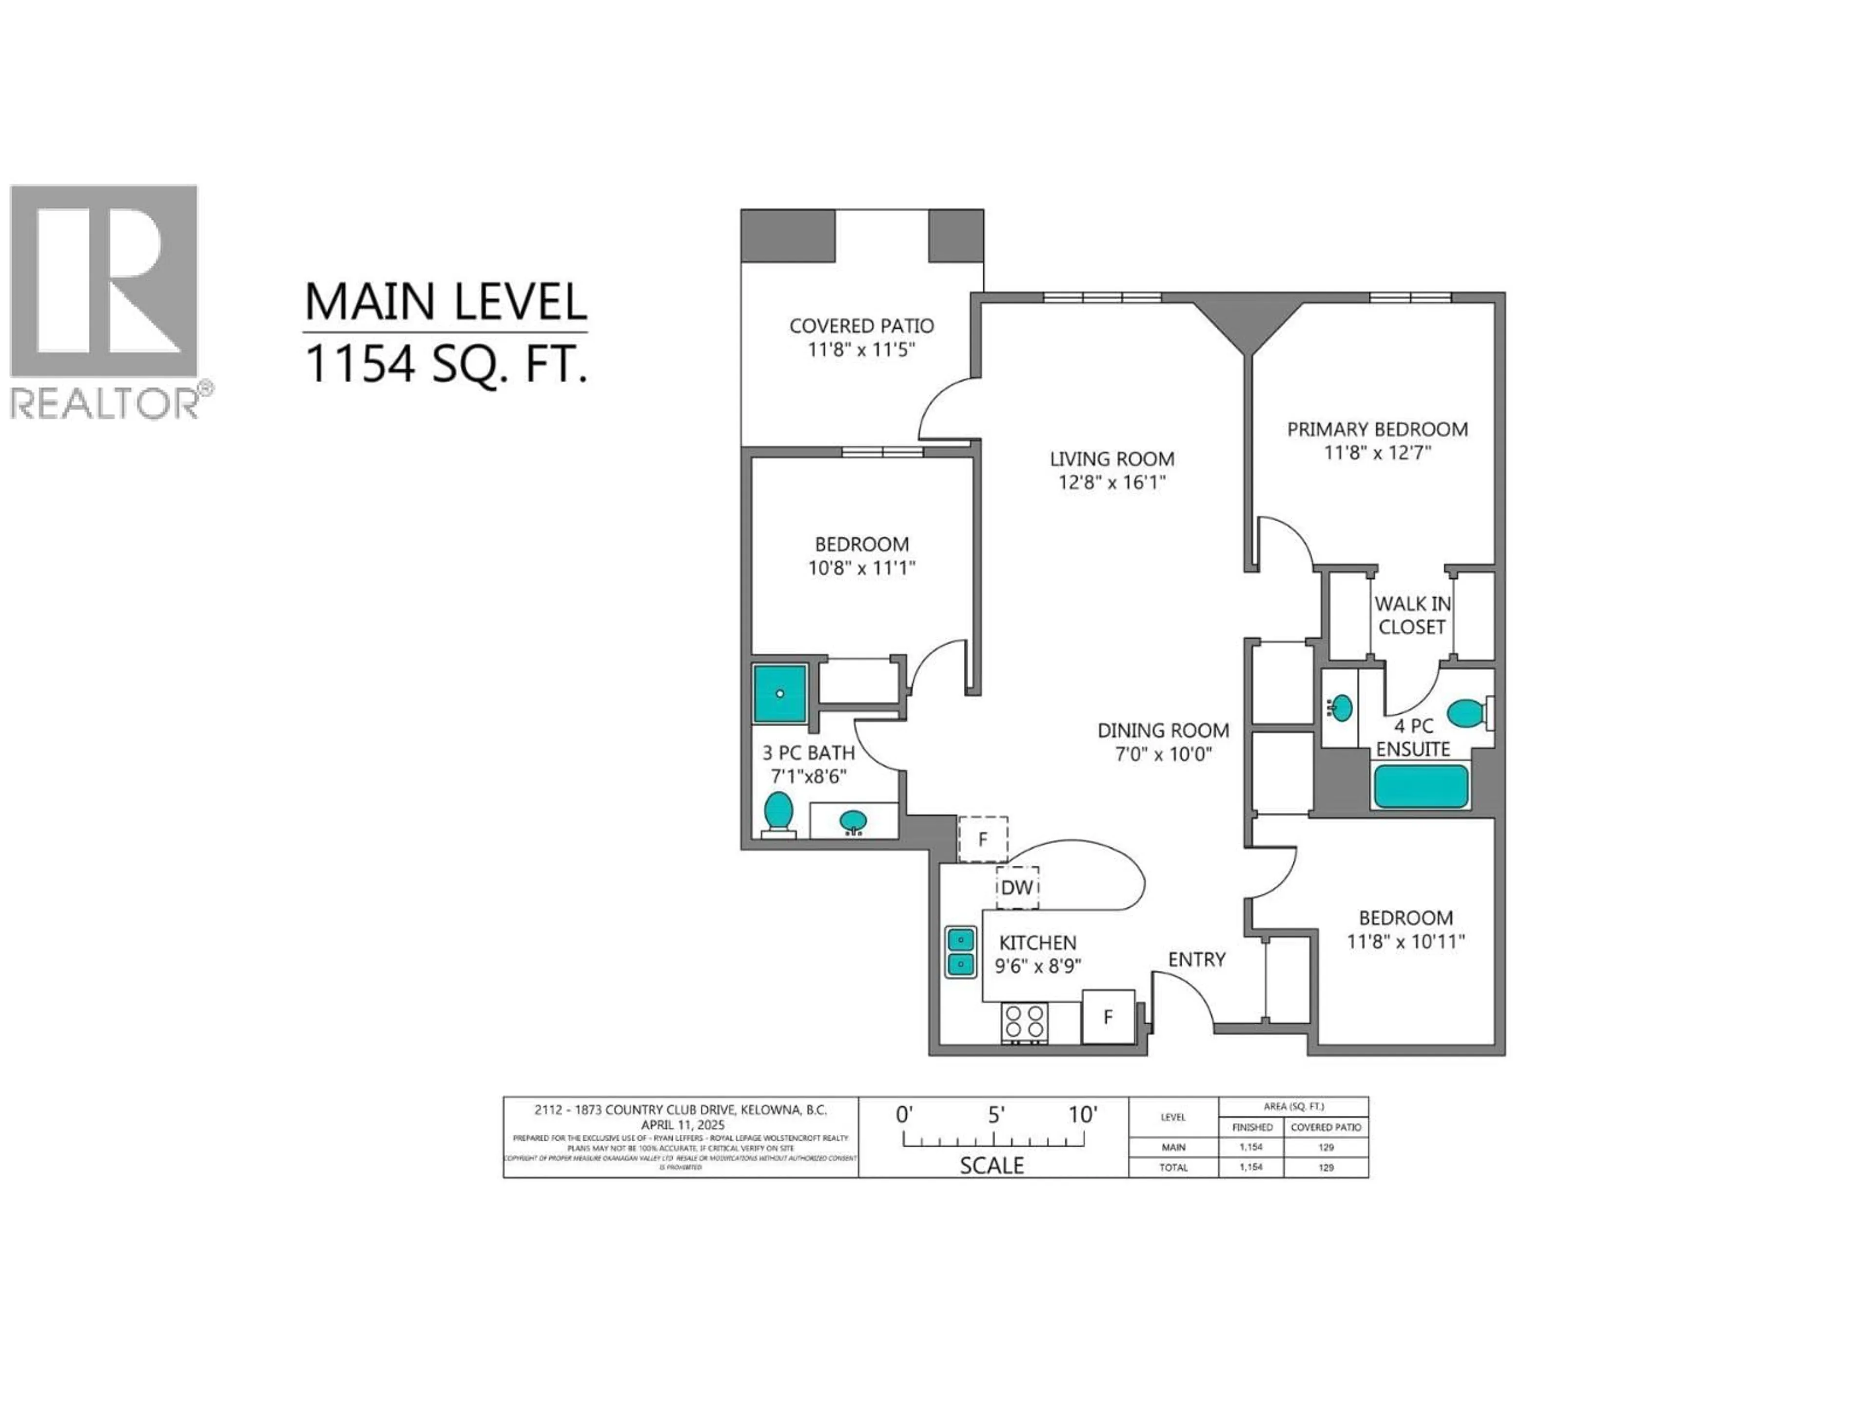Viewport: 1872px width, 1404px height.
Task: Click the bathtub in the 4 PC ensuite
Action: (x=1421, y=786)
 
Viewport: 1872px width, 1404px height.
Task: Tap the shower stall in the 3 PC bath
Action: (x=780, y=693)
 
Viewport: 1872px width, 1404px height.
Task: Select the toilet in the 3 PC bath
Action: (x=778, y=813)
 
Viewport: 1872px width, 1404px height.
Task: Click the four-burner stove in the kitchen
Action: (x=1024, y=1021)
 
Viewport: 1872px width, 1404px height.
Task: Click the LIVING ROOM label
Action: (x=1111, y=459)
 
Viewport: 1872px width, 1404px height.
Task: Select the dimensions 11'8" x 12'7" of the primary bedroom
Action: (x=1377, y=453)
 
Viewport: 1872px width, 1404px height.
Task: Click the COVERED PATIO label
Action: (x=860, y=326)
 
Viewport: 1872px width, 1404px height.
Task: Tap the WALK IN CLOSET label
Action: (x=1412, y=615)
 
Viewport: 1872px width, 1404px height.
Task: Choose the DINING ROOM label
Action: (x=1163, y=730)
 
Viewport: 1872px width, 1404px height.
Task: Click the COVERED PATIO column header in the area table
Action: (x=1326, y=1127)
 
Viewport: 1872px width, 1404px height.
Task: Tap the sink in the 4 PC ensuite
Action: (x=1341, y=707)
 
